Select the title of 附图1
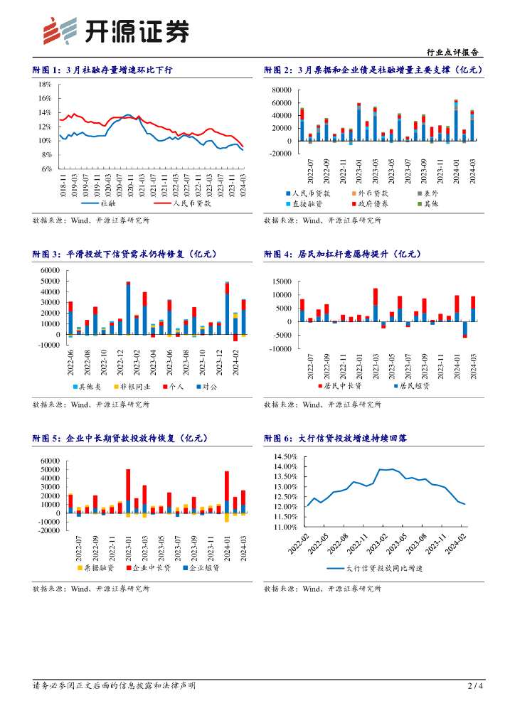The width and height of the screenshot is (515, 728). point(102,70)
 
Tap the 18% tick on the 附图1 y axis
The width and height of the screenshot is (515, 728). point(45,84)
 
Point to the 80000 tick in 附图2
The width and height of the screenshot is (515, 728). point(281,90)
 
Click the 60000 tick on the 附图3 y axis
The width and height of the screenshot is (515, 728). point(50,270)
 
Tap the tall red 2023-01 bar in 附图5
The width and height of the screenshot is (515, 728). point(128,483)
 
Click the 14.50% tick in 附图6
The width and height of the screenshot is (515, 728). point(283,456)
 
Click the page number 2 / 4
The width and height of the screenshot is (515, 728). point(475,686)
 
